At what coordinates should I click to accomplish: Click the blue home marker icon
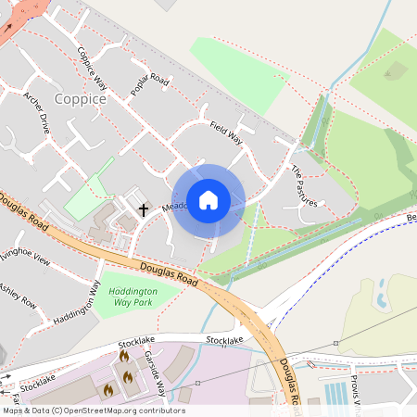click(208, 200)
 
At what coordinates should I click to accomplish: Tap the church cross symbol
click(144, 209)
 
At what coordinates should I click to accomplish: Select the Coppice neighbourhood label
click(80, 98)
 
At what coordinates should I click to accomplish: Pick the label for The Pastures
click(305, 186)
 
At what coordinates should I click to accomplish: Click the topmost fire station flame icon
click(124, 356)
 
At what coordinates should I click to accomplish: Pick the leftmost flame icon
click(107, 390)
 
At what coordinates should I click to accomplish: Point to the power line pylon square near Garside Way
click(197, 383)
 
